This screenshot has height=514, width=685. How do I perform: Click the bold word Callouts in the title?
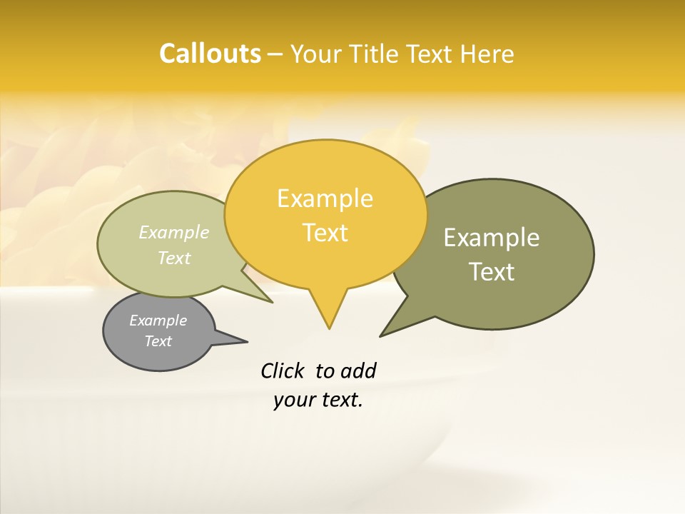210,54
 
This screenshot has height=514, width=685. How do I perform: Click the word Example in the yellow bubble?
325,198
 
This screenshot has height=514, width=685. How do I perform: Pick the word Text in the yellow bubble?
325,233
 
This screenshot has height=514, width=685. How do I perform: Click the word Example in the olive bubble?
492,238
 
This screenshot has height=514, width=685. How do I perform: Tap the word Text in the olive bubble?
492,272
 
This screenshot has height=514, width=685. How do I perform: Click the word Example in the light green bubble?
174,232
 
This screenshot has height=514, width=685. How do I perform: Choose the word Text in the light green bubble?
174,258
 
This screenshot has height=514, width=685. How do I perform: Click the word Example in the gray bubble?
158,321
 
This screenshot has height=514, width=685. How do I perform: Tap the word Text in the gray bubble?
158,341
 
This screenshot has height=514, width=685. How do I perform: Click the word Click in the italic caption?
284,371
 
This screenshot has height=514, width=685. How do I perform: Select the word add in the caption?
357,371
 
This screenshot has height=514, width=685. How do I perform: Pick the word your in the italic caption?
295,400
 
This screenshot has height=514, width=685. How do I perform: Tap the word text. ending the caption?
340,400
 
